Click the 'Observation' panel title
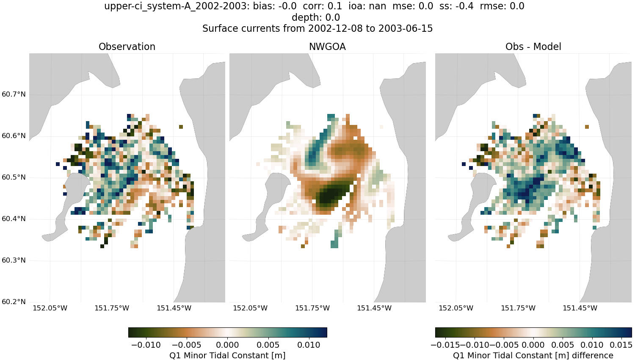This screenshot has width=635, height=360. pyautogui.click(x=127, y=47)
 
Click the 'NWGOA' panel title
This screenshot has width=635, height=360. pyautogui.click(x=327, y=47)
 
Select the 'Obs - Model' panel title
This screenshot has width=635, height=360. pyautogui.click(x=533, y=47)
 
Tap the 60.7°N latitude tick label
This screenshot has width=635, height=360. pyautogui.click(x=14, y=94)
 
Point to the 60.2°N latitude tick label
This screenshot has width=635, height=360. pyautogui.click(x=14, y=302)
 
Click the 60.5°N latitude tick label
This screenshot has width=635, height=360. pyautogui.click(x=14, y=177)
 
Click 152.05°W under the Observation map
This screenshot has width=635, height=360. pyautogui.click(x=50, y=308)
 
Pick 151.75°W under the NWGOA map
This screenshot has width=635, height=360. pyautogui.click(x=312, y=308)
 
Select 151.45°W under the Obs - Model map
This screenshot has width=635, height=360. pyautogui.click(x=580, y=308)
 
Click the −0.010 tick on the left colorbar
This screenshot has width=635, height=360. pyautogui.click(x=146, y=345)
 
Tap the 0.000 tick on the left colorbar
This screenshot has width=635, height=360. pyautogui.click(x=227, y=345)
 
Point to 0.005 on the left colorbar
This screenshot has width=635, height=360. pyautogui.click(x=268, y=345)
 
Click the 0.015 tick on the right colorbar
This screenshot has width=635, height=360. pyautogui.click(x=621, y=345)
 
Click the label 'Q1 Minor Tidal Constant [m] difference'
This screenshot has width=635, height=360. pyautogui.click(x=533, y=355)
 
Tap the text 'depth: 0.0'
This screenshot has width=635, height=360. pyautogui.click(x=316, y=17)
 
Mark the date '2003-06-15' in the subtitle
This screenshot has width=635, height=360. pyautogui.click(x=406, y=28)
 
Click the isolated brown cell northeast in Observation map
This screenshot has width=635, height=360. pyautogui.click(x=181, y=127)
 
